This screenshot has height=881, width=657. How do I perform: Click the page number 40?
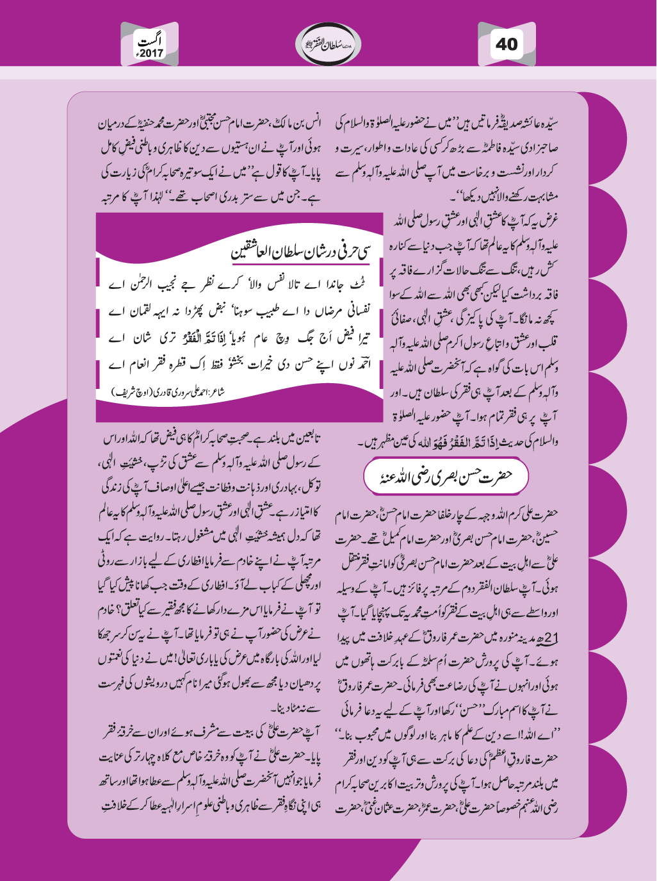click(506, 44)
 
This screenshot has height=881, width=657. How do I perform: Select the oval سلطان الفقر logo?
click(328, 44)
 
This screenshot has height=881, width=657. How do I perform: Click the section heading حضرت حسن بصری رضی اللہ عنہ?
click(446, 476)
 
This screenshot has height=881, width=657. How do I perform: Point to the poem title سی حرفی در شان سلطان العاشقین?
click(300, 250)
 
